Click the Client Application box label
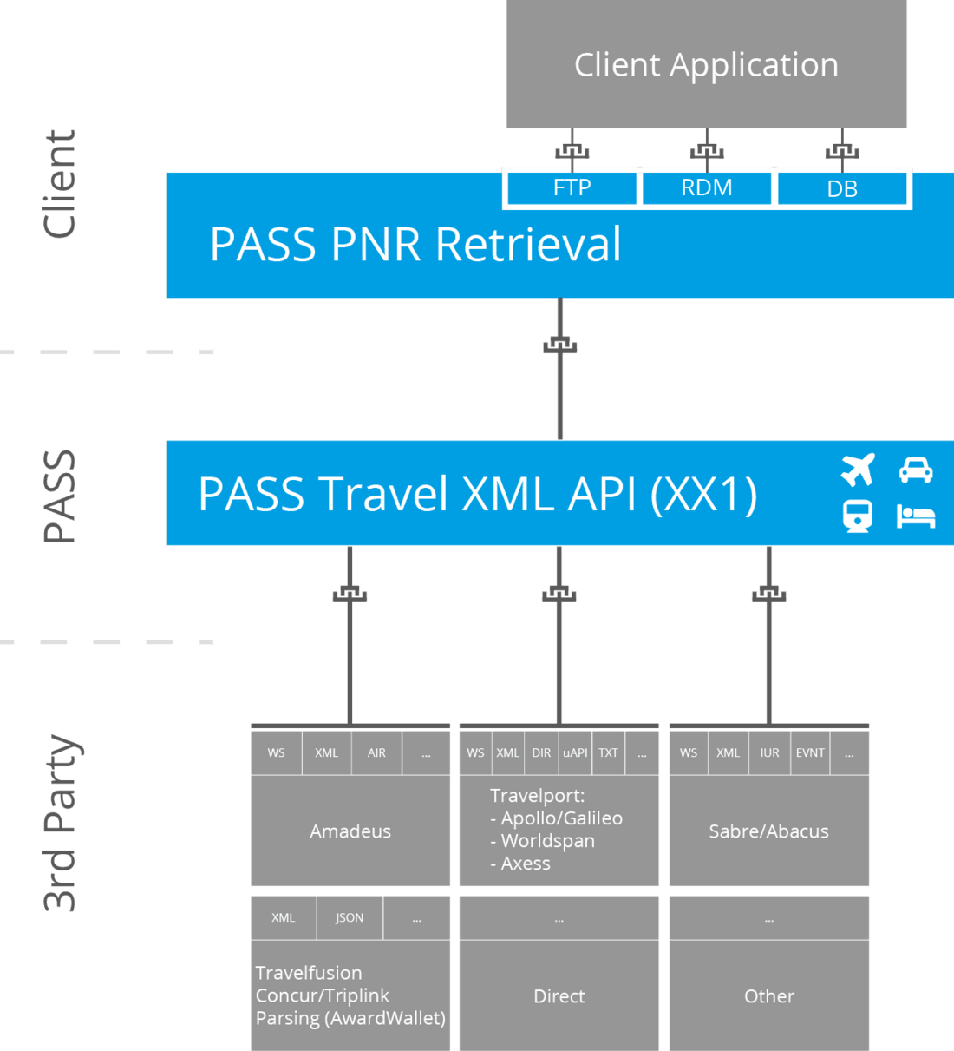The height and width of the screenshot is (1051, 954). [x=706, y=65]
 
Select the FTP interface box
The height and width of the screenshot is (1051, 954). [x=572, y=187]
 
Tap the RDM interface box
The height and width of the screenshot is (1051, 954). [x=706, y=187]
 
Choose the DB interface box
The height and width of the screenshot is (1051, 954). [x=841, y=188]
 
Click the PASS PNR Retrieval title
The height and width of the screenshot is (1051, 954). [x=415, y=244]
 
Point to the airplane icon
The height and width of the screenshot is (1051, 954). [x=858, y=470]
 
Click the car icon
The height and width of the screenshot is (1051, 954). [x=916, y=470]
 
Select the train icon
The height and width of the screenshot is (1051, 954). [x=858, y=516]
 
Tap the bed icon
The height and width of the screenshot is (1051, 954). [x=916, y=516]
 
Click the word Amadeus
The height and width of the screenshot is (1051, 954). [x=350, y=831]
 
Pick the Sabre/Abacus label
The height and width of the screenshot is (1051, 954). [x=768, y=831]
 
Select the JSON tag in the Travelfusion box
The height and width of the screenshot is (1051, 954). [x=350, y=918]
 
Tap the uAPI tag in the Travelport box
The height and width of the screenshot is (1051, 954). [x=575, y=753]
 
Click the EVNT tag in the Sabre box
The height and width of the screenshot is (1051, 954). [x=810, y=753]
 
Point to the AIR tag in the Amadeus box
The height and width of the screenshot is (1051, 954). [x=376, y=753]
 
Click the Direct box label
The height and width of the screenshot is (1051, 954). [x=559, y=996]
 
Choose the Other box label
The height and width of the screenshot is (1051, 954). [x=769, y=996]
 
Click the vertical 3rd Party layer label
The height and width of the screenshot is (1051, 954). [x=61, y=823]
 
